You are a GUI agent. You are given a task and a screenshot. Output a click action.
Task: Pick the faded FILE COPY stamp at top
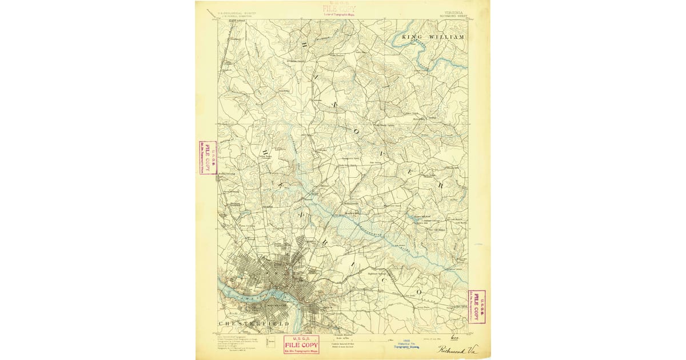[x=338, y=9]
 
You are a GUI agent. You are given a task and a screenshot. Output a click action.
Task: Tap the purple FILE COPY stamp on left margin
[x=208, y=158]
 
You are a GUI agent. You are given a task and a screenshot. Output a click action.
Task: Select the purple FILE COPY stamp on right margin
[x=477, y=306]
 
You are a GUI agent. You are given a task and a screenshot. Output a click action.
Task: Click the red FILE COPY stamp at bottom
[x=301, y=345]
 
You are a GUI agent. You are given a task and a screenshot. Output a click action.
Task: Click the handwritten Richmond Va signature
[x=457, y=350]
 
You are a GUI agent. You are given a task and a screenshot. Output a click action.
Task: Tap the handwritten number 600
[x=455, y=338]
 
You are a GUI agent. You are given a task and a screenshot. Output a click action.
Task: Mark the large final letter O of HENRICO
[x=419, y=291]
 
